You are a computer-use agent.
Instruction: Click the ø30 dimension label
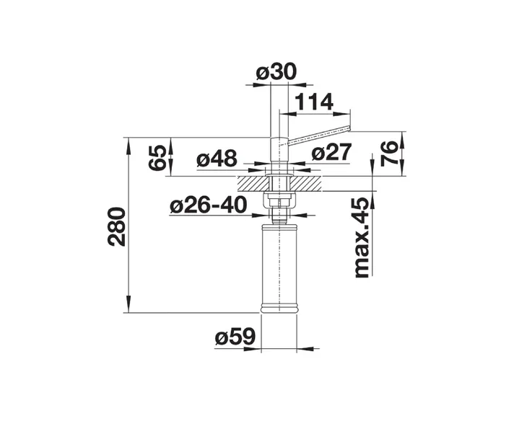276,72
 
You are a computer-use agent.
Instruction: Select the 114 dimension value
314,102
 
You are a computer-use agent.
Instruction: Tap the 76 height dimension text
390,154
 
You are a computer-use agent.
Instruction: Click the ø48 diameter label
217,159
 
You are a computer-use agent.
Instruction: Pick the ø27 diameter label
331,152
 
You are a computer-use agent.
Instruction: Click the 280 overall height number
116,226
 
